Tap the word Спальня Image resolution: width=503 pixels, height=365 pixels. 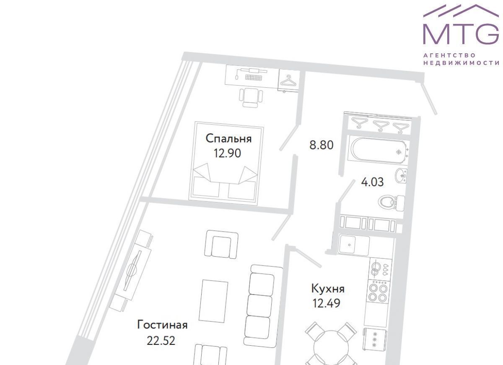228,138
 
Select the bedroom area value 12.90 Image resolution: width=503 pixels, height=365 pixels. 227,153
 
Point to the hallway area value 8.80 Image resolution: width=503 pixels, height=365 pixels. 322,145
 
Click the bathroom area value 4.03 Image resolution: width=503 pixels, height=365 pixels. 372,182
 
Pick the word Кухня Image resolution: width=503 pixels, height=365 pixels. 328,289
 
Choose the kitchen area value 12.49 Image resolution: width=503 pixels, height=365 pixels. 327,303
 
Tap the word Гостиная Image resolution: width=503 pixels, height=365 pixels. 162,325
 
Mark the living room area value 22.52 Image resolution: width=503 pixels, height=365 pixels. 161,341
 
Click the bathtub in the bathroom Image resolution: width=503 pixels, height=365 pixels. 379,150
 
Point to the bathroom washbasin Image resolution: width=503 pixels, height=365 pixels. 401,175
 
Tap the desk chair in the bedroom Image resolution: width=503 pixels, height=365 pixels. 251,98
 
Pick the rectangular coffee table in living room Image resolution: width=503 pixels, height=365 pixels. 213,301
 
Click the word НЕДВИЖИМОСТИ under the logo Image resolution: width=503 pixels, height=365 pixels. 461,63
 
